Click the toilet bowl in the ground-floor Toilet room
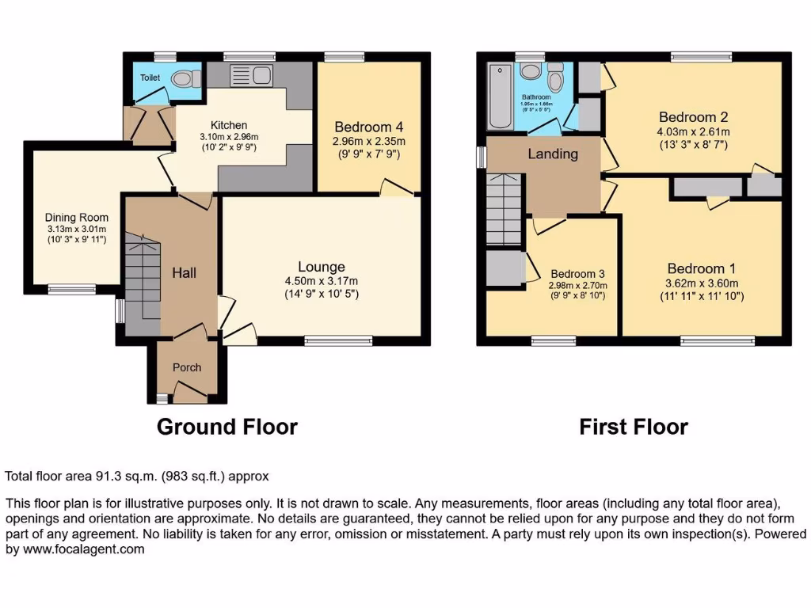click(184, 78)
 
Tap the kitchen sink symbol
click(251, 76)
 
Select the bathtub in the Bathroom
click(501, 97)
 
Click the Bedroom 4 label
click(368, 127)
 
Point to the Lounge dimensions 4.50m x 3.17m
click(322, 281)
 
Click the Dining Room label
click(77, 218)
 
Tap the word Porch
click(187, 367)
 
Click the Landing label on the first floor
click(553, 154)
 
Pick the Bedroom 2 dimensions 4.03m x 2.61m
click(693, 131)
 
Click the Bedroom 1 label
click(695, 268)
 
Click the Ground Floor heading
click(227, 427)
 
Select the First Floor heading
click(634, 427)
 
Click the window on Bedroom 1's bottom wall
click(718, 341)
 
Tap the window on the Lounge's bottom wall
click(338, 341)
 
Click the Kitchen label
click(229, 125)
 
